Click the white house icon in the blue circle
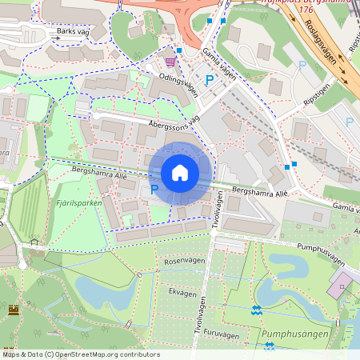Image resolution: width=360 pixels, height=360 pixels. pos(179,173)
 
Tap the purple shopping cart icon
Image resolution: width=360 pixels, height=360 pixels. pos(170,60)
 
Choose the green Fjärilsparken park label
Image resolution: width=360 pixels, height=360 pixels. pos(80,203)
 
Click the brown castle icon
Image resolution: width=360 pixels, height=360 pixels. pos(14,310)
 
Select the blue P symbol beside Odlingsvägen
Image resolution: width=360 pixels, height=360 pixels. pos(209,80)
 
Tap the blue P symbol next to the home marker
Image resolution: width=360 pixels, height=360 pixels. pos(154,190)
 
